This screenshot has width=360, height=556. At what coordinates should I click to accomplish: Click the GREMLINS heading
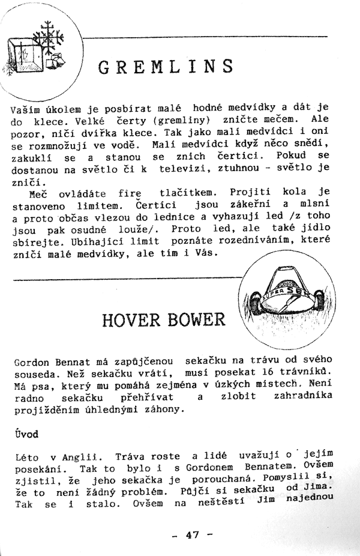click(165, 66)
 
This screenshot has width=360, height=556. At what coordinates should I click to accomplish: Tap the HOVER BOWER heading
click(164, 319)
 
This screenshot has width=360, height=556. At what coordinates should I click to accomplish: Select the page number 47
click(191, 534)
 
